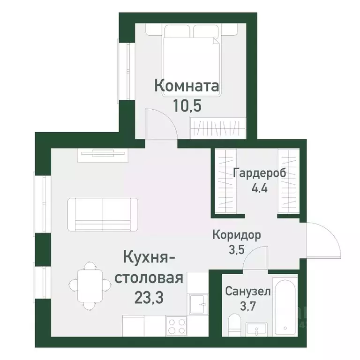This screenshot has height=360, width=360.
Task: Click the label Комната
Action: [187, 87]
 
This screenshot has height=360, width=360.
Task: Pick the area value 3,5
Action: [236, 249]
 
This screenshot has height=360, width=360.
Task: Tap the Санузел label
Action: [247, 292]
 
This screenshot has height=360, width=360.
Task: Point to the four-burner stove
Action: [177, 326]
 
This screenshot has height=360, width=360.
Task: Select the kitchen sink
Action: [198, 304]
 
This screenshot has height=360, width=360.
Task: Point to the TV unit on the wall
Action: [103, 153]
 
